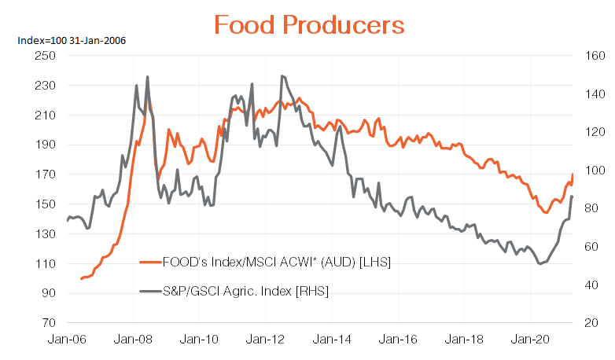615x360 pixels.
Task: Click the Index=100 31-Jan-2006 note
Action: pos(66,39)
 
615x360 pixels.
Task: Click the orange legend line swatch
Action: pos(149,262)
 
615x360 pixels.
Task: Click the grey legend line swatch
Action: pos(149,291)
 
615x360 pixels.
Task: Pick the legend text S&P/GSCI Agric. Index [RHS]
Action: pos(245,291)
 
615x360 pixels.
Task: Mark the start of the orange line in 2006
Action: pos(81,279)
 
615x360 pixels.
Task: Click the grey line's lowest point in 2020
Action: pos(540,263)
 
